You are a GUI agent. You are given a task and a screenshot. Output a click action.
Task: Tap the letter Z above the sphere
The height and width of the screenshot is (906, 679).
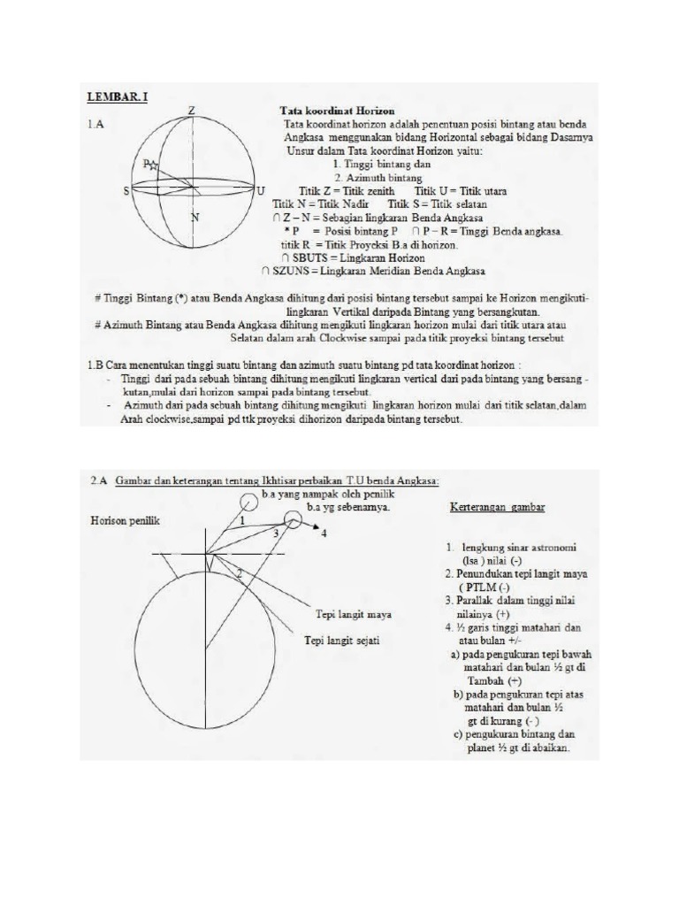click(x=191, y=111)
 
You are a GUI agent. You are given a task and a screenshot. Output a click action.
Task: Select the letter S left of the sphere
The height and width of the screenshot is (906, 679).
click(x=126, y=190)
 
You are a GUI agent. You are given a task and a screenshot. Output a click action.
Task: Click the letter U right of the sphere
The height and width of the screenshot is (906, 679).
click(x=261, y=190)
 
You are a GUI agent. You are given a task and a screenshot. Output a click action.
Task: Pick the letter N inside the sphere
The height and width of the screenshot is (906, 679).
click(x=195, y=217)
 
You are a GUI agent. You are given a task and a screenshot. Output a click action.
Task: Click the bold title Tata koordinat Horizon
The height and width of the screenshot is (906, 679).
click(x=325, y=111)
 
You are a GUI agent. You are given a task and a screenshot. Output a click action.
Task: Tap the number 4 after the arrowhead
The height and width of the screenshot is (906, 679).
click(x=324, y=534)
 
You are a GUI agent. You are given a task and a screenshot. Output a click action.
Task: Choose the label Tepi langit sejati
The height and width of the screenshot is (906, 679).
click(x=342, y=641)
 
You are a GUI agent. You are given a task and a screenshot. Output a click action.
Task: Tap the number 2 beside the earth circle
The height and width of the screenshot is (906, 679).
click(x=238, y=574)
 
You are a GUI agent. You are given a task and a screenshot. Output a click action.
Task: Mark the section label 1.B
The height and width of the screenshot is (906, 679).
click(x=95, y=364)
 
